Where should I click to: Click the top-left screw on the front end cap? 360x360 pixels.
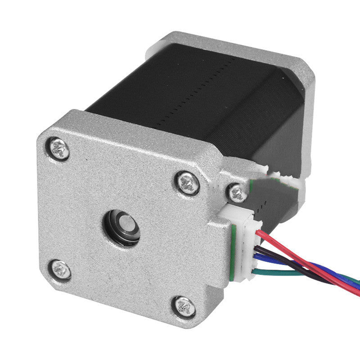[x=59, y=148]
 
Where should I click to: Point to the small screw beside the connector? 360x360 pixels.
[x=236, y=193]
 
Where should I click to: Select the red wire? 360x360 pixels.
[x=288, y=252]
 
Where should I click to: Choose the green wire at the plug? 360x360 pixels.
[x=279, y=272]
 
